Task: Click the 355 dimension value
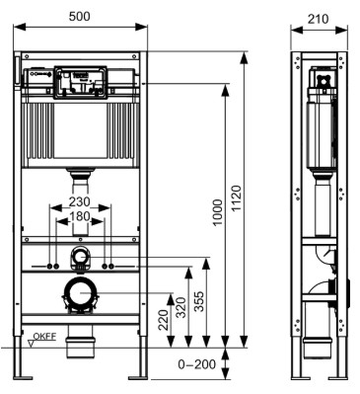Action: tap(199, 302)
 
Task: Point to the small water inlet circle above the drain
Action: tap(82, 259)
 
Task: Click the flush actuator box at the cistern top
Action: tap(83, 80)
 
